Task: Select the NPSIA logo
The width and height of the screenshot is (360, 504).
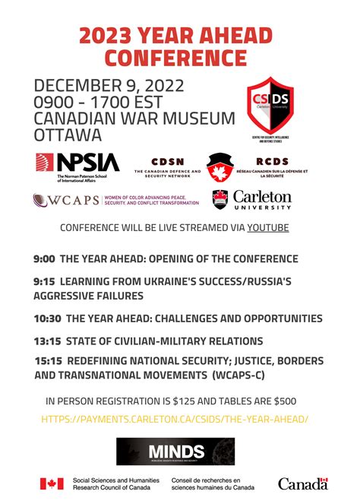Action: point(77,166)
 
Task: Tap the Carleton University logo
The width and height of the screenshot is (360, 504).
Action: point(252,201)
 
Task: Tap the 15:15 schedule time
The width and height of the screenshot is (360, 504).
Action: point(49,360)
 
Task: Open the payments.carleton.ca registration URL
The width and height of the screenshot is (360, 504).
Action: point(175,419)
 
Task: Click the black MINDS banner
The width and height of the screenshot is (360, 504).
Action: point(175,452)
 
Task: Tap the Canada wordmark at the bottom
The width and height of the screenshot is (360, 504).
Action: point(302,483)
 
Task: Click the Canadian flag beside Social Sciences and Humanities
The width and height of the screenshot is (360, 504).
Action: point(52,483)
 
